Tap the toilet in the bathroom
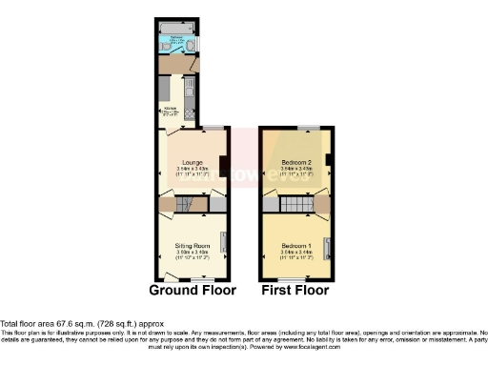(192, 45)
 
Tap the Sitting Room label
(191, 246)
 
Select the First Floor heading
(295, 289)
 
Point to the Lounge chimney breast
(222, 167)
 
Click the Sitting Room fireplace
(224, 245)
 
